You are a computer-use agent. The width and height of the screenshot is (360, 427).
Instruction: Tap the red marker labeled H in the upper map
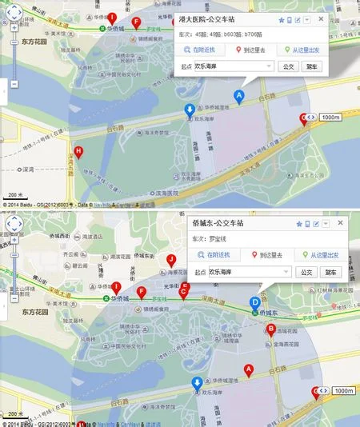point(78,152)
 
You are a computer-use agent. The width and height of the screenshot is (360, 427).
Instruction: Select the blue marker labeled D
point(254,303)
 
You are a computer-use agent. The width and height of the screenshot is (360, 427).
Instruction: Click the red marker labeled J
point(171,261)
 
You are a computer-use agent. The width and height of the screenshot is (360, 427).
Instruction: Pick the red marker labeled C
point(183,292)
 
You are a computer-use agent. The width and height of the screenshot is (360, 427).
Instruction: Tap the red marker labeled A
point(248,369)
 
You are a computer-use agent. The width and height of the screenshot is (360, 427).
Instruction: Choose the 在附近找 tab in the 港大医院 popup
point(206,50)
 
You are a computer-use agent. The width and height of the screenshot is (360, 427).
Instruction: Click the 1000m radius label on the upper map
point(331,118)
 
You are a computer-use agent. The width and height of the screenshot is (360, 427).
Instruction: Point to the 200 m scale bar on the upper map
point(14,197)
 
